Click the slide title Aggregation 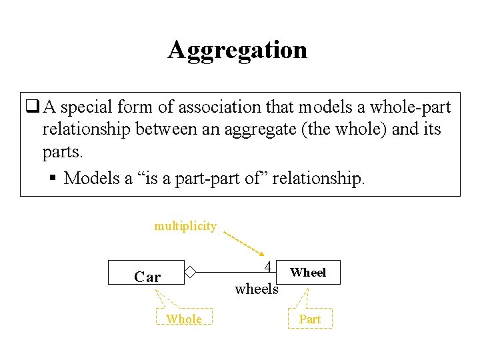[237, 50]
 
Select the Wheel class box [309, 272]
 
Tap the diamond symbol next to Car [190, 272]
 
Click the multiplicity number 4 [267, 267]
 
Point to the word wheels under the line [257, 289]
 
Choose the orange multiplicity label [185, 226]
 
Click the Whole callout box [184, 319]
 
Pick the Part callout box [310, 319]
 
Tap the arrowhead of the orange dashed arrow [261, 253]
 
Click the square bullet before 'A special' [31, 107]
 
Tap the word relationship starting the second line [87, 129]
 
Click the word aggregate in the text [262, 129]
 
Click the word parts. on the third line [63, 152]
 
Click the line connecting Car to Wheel [227, 272]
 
